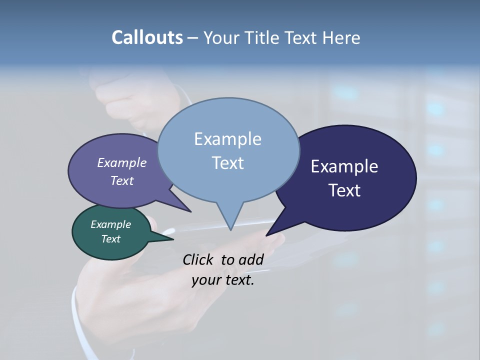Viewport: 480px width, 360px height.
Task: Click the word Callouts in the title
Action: (x=147, y=37)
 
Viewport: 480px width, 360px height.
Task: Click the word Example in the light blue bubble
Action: (x=227, y=139)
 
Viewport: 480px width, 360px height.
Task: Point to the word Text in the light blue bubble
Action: (x=227, y=163)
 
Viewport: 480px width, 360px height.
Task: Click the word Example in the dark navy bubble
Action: (x=344, y=166)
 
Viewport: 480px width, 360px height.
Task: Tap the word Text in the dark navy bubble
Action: (x=344, y=190)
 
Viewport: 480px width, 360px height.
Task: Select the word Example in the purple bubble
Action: (x=121, y=163)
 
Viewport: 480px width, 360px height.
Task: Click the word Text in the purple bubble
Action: (x=121, y=180)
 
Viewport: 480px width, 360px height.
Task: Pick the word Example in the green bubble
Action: (x=110, y=224)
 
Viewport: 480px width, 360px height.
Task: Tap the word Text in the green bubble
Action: (x=110, y=239)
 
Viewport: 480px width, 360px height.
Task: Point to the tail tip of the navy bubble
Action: (x=267, y=234)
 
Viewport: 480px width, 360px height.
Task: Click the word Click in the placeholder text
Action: (x=198, y=259)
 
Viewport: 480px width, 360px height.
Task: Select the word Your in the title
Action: (x=221, y=37)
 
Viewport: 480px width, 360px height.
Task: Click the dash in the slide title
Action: (x=193, y=37)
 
